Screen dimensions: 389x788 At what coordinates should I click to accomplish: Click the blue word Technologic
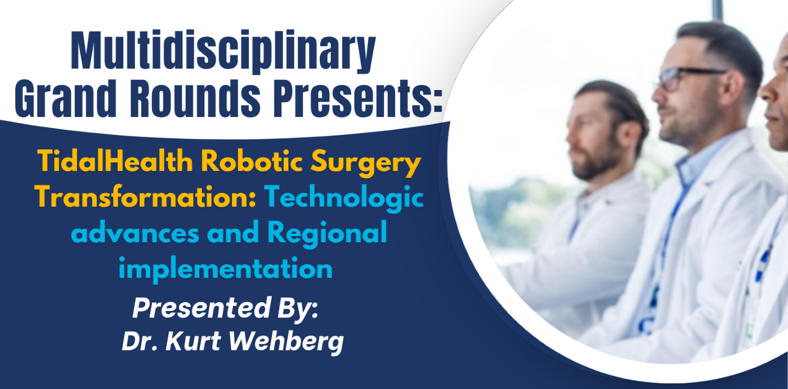(344, 198)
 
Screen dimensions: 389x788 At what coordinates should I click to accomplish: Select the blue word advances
(135, 233)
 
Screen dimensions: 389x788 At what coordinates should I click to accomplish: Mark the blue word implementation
(225, 269)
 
